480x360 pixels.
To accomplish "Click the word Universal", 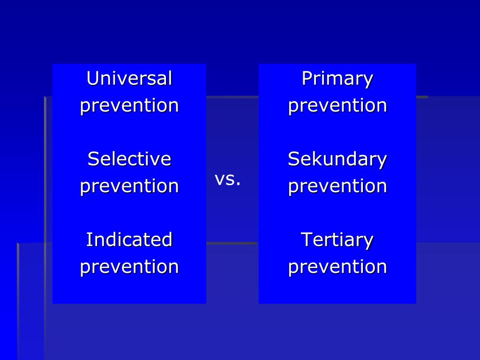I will click(x=129, y=78).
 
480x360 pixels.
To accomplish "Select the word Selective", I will click(x=129, y=159).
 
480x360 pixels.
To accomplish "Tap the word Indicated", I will click(x=129, y=240).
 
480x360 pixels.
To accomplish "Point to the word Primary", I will click(x=337, y=78).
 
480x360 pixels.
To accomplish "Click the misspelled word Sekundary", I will click(x=337, y=159).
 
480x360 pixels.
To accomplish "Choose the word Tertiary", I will click(x=337, y=240).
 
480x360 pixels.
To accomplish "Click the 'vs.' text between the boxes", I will click(x=227, y=179).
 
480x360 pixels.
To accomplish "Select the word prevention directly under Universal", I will click(x=129, y=105).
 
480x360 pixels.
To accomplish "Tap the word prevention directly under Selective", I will click(x=129, y=186).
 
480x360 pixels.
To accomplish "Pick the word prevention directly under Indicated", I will click(x=129, y=267).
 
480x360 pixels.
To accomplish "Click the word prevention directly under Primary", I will click(x=337, y=105).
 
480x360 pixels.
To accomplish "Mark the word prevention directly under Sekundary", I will click(x=337, y=186).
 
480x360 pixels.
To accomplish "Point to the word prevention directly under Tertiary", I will click(x=337, y=267).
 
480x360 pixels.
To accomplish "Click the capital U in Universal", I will click(x=92, y=78).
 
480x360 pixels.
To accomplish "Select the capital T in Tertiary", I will click(x=306, y=240).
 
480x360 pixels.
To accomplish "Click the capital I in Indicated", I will click(x=89, y=240).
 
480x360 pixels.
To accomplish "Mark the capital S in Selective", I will click(x=93, y=159).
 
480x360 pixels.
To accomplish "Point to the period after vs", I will click(x=238, y=184).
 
